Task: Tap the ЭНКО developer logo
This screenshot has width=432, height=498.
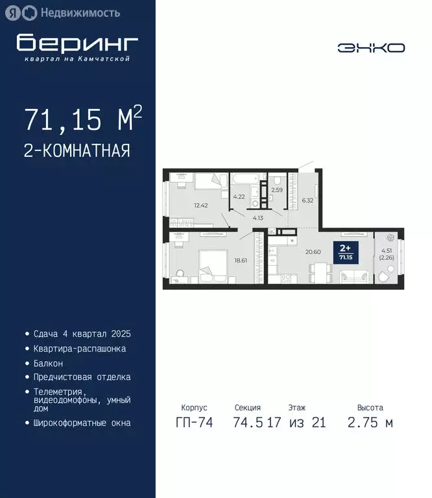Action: click(x=371, y=47)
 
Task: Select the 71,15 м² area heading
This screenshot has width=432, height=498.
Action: click(x=82, y=119)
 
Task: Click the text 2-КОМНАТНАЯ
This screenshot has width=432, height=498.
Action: click(x=77, y=151)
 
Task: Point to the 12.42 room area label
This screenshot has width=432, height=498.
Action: click(x=200, y=206)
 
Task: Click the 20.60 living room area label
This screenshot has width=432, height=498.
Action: click(x=313, y=252)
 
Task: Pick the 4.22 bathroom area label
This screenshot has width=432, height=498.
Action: click(x=239, y=196)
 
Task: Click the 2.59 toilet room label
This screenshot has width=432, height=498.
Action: click(x=277, y=190)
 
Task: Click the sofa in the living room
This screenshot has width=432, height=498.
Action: click(x=355, y=277)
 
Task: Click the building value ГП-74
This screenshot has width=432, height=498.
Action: click(x=193, y=423)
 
